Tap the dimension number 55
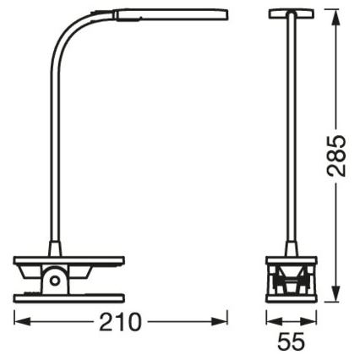290,345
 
